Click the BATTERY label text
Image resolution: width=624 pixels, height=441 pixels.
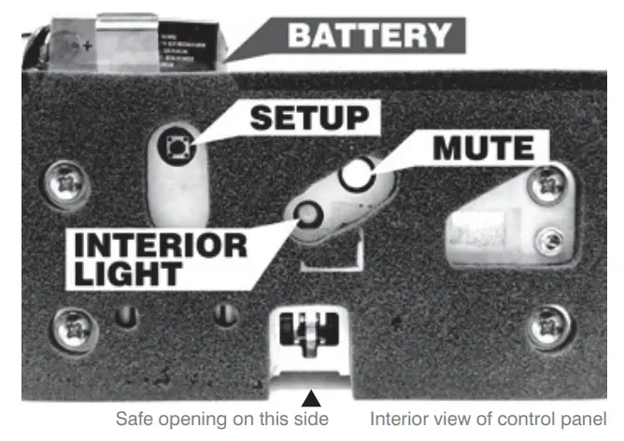(x=370, y=36)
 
